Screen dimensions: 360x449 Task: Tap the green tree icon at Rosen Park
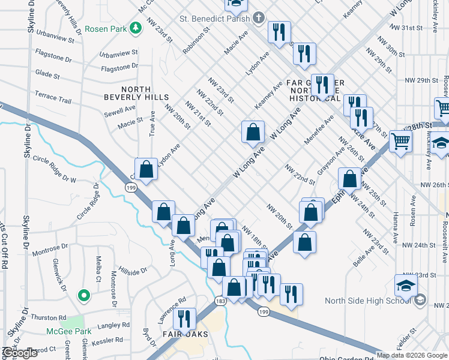coord(137,26)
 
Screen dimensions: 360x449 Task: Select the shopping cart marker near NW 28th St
coord(400,143)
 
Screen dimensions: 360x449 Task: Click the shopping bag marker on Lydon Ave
coord(146,169)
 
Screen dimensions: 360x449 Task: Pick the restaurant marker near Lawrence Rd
coord(184,319)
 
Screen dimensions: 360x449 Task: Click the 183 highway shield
coord(220,300)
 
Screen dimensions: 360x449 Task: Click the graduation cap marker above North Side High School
coord(406,286)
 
